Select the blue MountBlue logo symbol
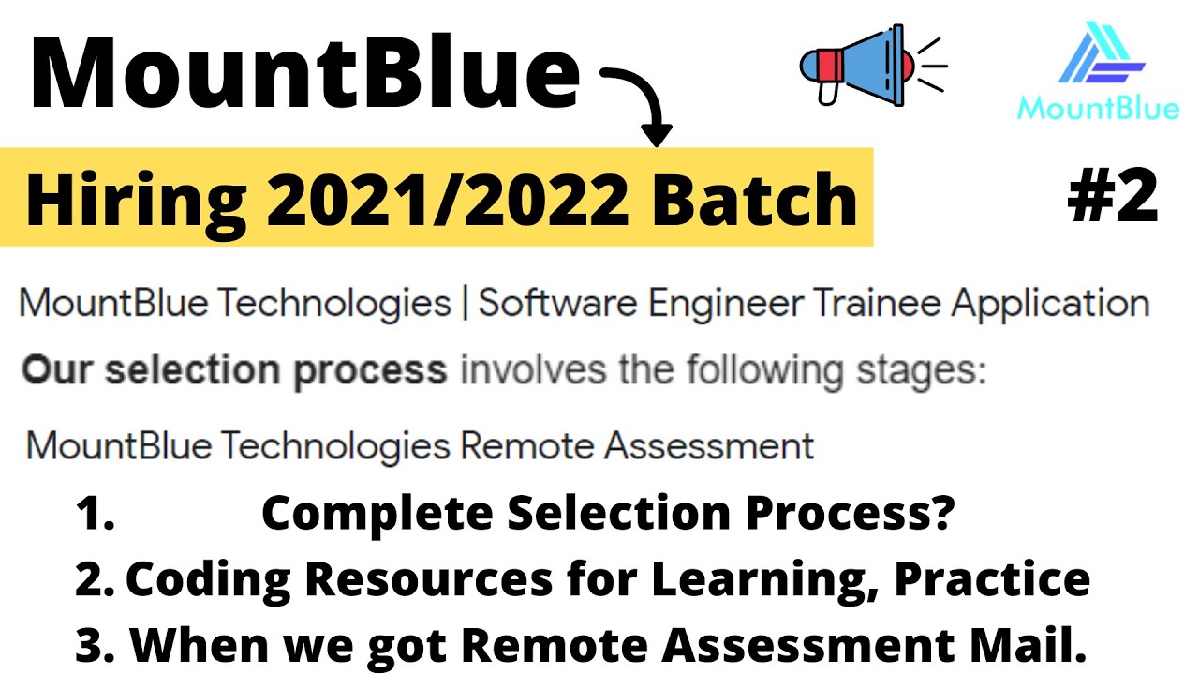pos(1102,55)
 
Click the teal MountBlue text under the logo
pos(1098,109)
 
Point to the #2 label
pos(1113,196)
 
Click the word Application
pos(1050,304)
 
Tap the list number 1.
pos(95,515)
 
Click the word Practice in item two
pos(992,580)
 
